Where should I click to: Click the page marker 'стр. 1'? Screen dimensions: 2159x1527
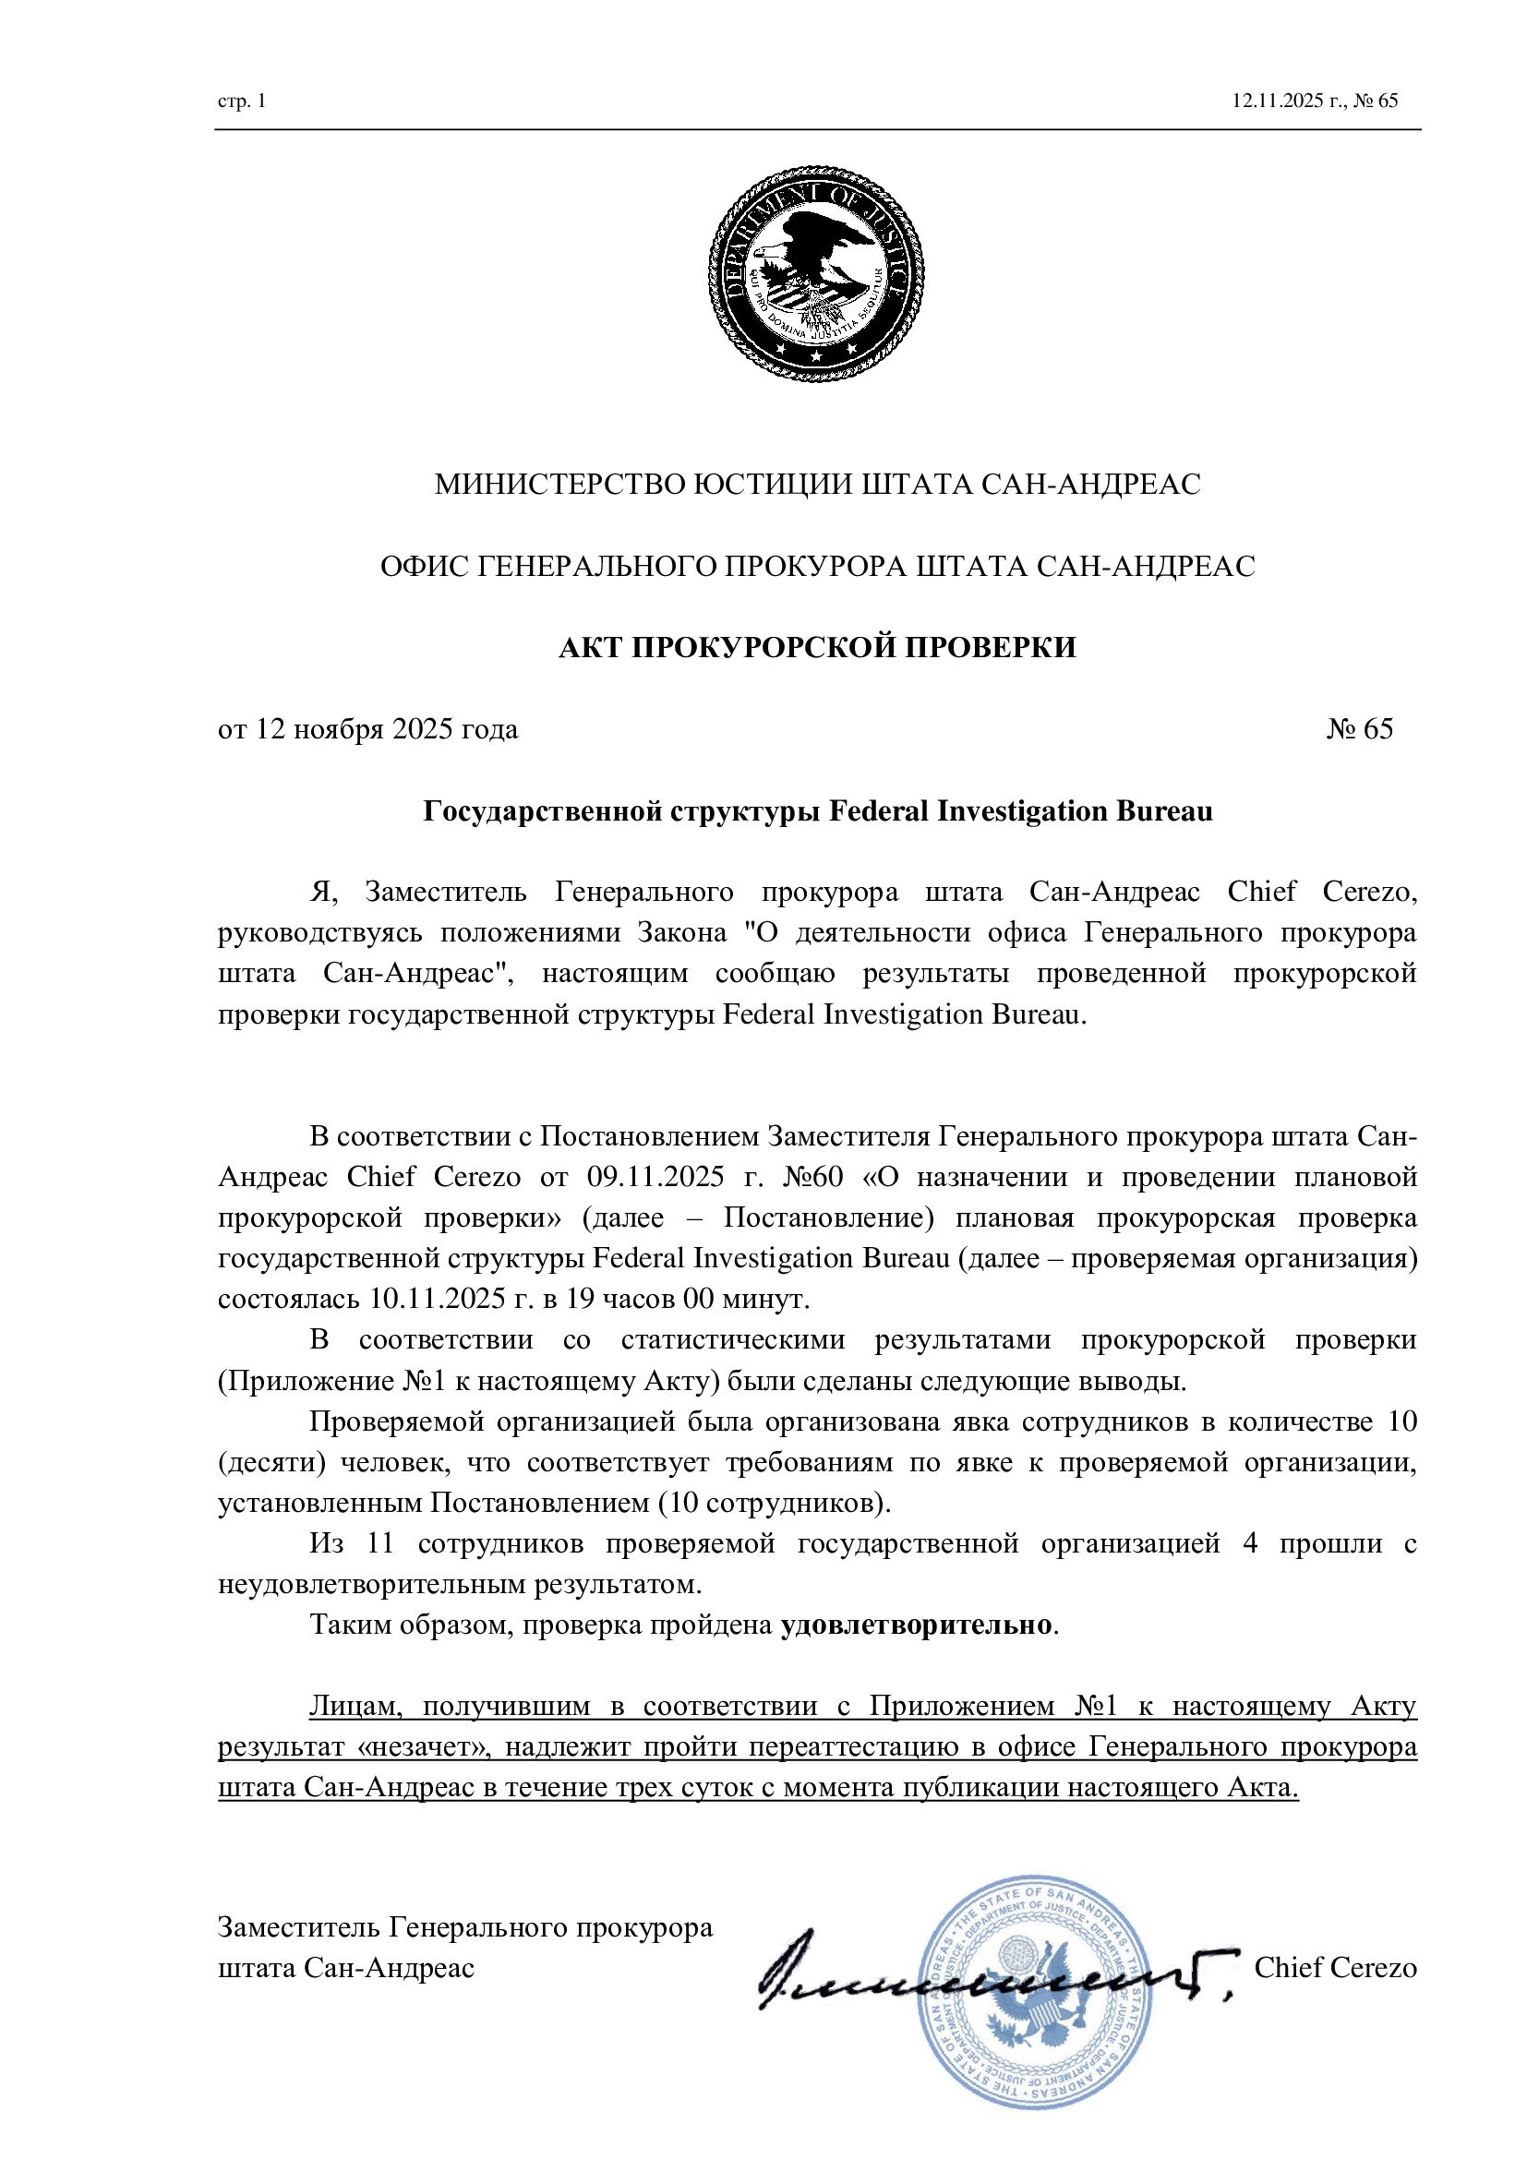[242, 102]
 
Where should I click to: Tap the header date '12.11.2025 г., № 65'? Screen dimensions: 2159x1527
[1315, 102]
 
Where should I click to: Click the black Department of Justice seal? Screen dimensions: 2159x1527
[815, 273]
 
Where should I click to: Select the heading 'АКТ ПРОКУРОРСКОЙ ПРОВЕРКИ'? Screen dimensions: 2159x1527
[817, 648]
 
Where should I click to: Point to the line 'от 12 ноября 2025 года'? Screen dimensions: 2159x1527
[367, 730]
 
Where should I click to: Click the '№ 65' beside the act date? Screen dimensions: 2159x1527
[1360, 730]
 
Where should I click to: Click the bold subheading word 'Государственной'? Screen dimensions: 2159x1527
[543, 811]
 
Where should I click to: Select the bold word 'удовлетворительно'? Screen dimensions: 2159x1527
[915, 1625]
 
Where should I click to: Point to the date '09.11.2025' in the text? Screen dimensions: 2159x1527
[655, 1177]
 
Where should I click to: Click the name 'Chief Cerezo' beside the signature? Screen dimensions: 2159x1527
[1334, 1968]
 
